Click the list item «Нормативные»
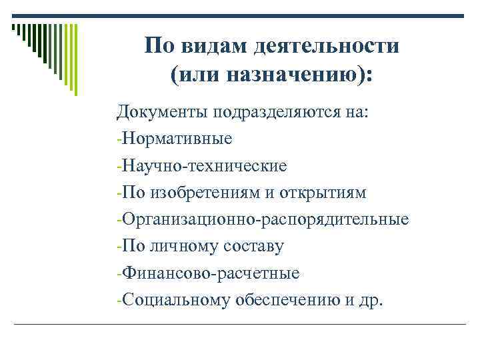tap(177, 139)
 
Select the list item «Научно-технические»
tap(205, 166)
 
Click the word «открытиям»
tap(321, 193)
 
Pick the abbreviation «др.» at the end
tap(372, 300)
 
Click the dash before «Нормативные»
tap(119, 141)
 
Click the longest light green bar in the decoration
tap(77, 60)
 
